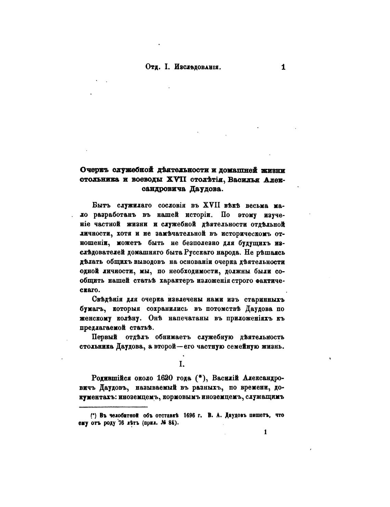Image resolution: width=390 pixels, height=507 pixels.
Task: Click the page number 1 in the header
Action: (x=283, y=67)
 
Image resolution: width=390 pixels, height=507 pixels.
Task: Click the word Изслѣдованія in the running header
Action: (x=198, y=67)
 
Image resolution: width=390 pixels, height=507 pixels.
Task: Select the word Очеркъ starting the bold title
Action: (x=94, y=170)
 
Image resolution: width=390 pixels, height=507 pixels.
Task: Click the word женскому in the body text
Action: (x=95, y=318)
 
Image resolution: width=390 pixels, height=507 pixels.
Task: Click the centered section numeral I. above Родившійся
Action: (x=182, y=364)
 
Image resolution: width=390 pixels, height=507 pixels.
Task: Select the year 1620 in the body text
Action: (x=165, y=378)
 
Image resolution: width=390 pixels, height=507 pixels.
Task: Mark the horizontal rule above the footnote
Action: (x=113, y=407)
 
